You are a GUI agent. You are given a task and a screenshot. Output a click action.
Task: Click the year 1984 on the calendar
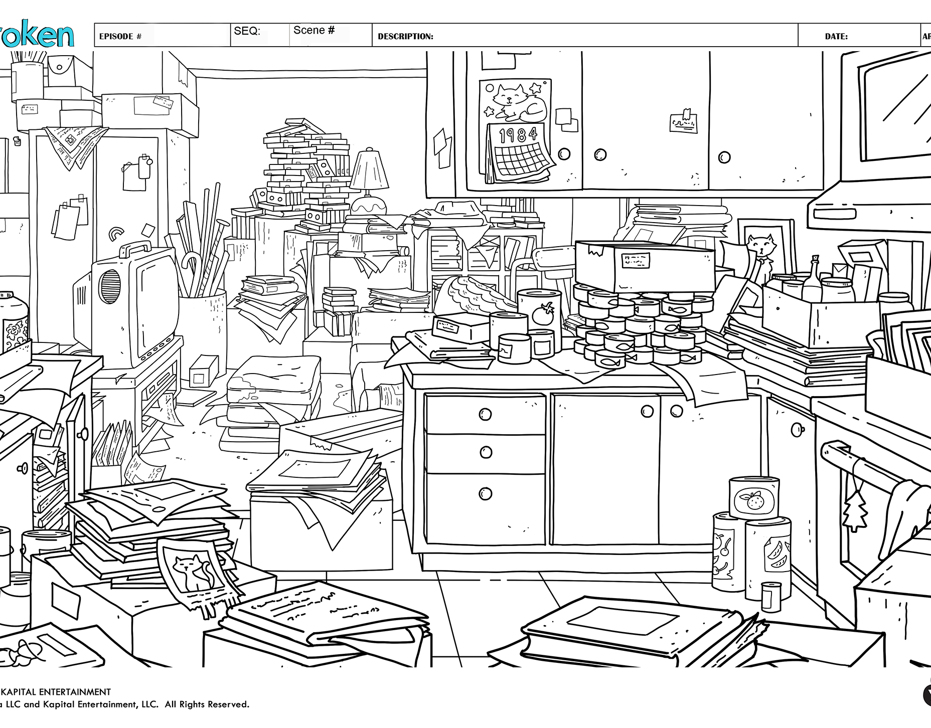tap(518, 134)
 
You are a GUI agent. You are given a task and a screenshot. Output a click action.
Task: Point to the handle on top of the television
tap(135, 248)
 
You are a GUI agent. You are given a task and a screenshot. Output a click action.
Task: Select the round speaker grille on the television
tap(110, 286)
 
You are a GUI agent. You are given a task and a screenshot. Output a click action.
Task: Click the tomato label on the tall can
tap(543, 315)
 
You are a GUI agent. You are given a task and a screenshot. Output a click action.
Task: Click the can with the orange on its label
tap(753, 498)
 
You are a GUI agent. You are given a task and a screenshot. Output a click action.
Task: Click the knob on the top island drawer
tap(485, 414)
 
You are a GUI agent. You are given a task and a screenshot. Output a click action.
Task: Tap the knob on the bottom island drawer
tap(485, 494)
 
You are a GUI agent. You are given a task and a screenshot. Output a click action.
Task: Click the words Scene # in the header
tap(314, 31)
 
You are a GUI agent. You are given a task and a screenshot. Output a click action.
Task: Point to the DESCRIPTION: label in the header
tap(405, 37)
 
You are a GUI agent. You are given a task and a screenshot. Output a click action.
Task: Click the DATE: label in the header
tap(836, 37)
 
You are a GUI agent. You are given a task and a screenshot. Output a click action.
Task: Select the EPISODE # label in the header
tap(120, 37)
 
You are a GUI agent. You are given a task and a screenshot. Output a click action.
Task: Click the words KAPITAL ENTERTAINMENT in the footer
tap(56, 692)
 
